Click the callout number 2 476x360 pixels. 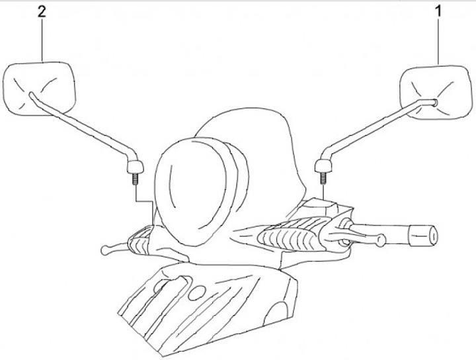pyautogui.click(x=44, y=13)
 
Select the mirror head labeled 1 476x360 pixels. pyautogui.click(x=432, y=93)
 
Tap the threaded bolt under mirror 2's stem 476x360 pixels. pyautogui.click(x=135, y=177)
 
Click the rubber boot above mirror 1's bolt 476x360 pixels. pyautogui.click(x=323, y=163)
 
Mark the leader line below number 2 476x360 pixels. pyautogui.click(x=44, y=40)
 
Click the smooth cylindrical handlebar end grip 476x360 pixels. pyautogui.click(x=423, y=234)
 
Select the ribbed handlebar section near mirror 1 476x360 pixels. pyautogui.click(x=291, y=235)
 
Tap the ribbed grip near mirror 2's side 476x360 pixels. pyautogui.click(x=139, y=241)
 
